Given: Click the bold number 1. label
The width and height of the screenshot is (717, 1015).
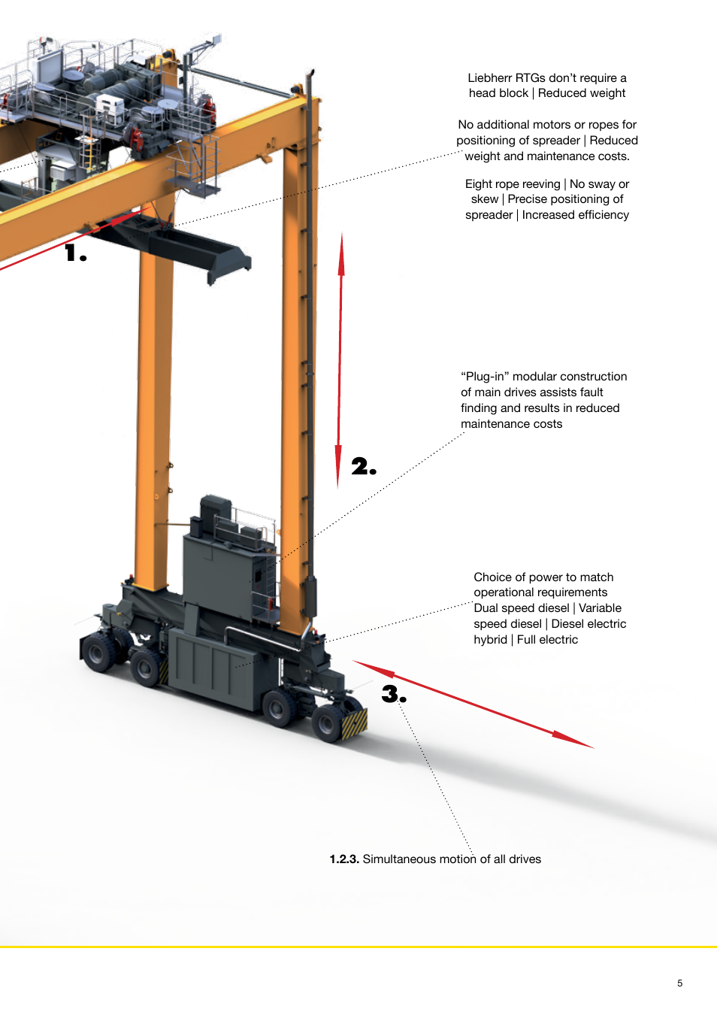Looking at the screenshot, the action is tap(76, 253).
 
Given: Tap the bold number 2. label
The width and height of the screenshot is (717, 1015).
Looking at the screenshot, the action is tap(364, 466).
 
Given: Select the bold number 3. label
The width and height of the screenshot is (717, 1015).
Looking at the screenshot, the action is tap(394, 694).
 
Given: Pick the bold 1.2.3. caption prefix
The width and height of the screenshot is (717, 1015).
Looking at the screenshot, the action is tap(344, 859).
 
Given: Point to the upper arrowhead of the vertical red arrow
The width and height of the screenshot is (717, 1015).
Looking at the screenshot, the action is tap(341, 255).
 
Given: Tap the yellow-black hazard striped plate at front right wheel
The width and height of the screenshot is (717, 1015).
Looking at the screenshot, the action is tap(354, 723).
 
